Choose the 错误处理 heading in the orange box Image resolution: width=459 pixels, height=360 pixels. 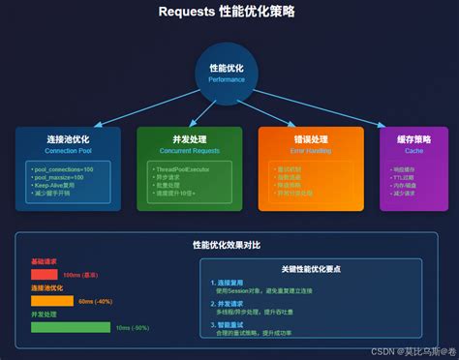click(x=310, y=140)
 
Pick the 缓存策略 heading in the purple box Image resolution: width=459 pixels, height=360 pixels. click(x=413, y=140)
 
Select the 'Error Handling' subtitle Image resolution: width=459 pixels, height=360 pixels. click(x=310, y=152)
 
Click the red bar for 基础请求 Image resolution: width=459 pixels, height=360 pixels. click(x=44, y=275)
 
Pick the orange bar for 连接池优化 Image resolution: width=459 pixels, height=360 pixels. click(x=52, y=301)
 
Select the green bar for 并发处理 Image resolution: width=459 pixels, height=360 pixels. click(x=71, y=327)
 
